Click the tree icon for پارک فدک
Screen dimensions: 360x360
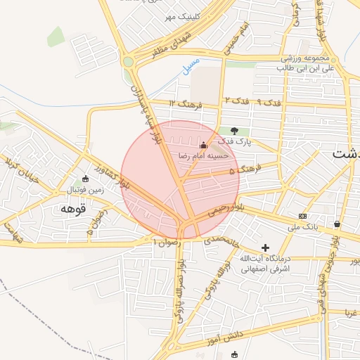(x=234, y=130)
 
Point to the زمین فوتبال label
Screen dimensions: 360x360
(x=84, y=191)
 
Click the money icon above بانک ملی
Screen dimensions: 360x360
(x=302, y=216)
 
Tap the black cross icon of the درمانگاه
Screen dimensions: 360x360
(x=265, y=247)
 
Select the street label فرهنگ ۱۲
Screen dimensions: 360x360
(x=186, y=104)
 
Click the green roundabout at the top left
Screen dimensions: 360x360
(x=128, y=62)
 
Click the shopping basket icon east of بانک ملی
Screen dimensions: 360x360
(x=337, y=224)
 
